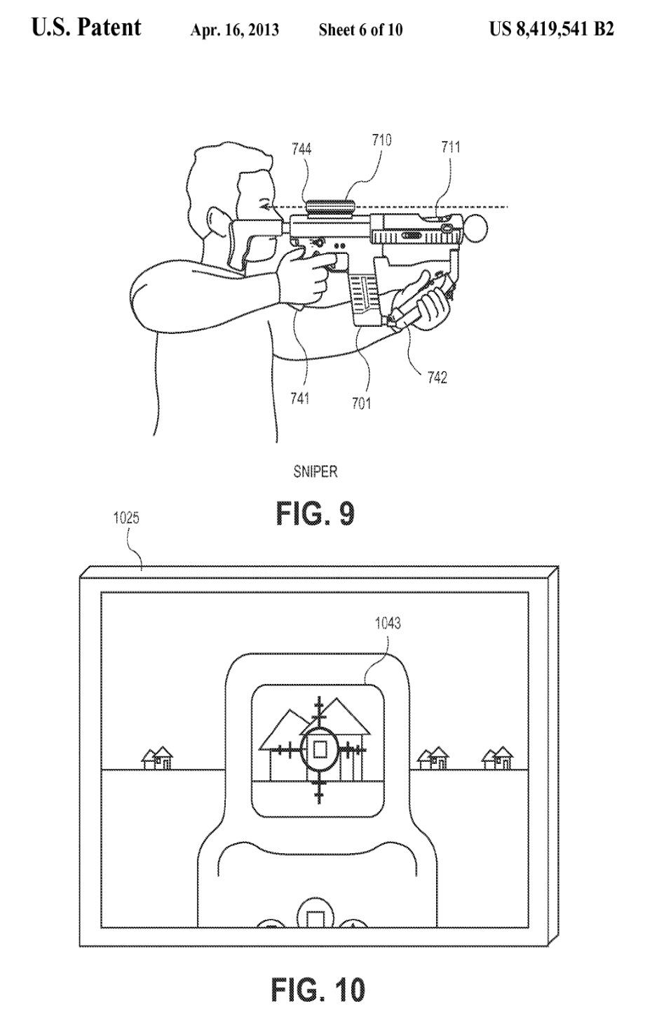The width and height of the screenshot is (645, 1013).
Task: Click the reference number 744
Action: (301, 149)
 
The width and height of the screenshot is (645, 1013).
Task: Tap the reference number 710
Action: (381, 140)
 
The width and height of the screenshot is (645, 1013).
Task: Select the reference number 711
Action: (451, 147)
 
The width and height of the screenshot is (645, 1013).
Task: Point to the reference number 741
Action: (300, 398)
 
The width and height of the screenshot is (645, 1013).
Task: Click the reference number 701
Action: (362, 403)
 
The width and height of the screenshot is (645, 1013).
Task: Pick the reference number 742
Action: (437, 377)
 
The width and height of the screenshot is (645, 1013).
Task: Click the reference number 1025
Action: (126, 518)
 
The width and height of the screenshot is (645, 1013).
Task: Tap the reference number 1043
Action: (388, 624)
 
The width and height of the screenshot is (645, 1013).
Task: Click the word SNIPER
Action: (315, 471)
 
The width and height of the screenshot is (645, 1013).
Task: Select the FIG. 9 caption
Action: (315, 514)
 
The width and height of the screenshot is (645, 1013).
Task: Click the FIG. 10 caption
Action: (318, 988)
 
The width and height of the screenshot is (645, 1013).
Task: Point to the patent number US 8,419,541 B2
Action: (552, 29)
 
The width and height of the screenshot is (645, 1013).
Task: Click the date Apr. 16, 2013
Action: (235, 30)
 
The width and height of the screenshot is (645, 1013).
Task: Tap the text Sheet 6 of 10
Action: (360, 30)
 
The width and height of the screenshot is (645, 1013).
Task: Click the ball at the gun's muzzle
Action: (476, 229)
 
